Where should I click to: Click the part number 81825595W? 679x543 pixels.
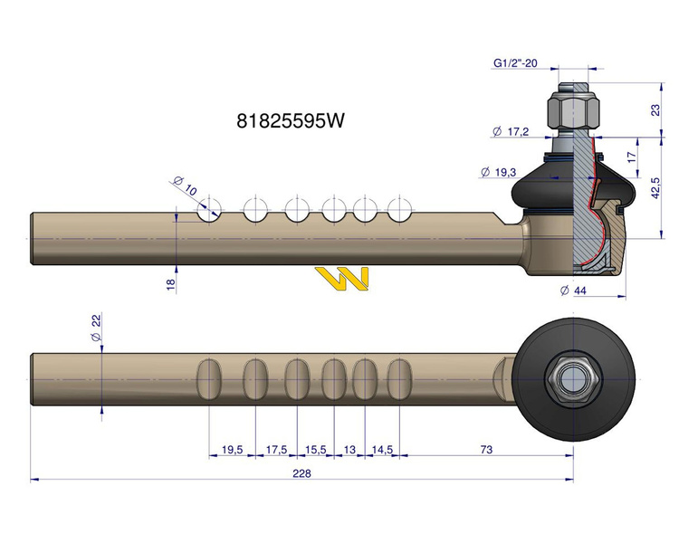coord(290,120)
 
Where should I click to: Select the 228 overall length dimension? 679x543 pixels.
coord(301,473)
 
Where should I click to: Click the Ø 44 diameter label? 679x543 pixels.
coord(576,291)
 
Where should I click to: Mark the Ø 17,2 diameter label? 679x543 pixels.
coord(511,132)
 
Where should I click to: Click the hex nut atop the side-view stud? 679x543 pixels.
coord(572,111)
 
